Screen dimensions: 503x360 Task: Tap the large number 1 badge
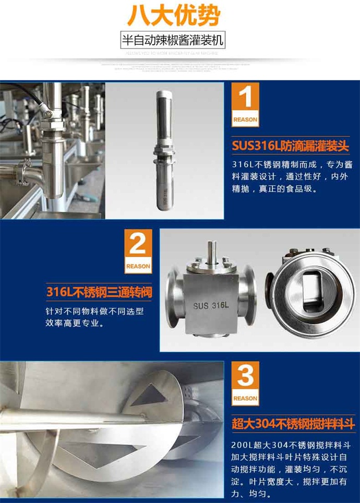(245, 99)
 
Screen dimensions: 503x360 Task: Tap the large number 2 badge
(138, 245)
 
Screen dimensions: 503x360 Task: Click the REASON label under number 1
(245, 119)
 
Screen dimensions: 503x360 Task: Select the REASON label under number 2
(138, 266)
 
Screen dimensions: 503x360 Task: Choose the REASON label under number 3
(245, 398)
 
